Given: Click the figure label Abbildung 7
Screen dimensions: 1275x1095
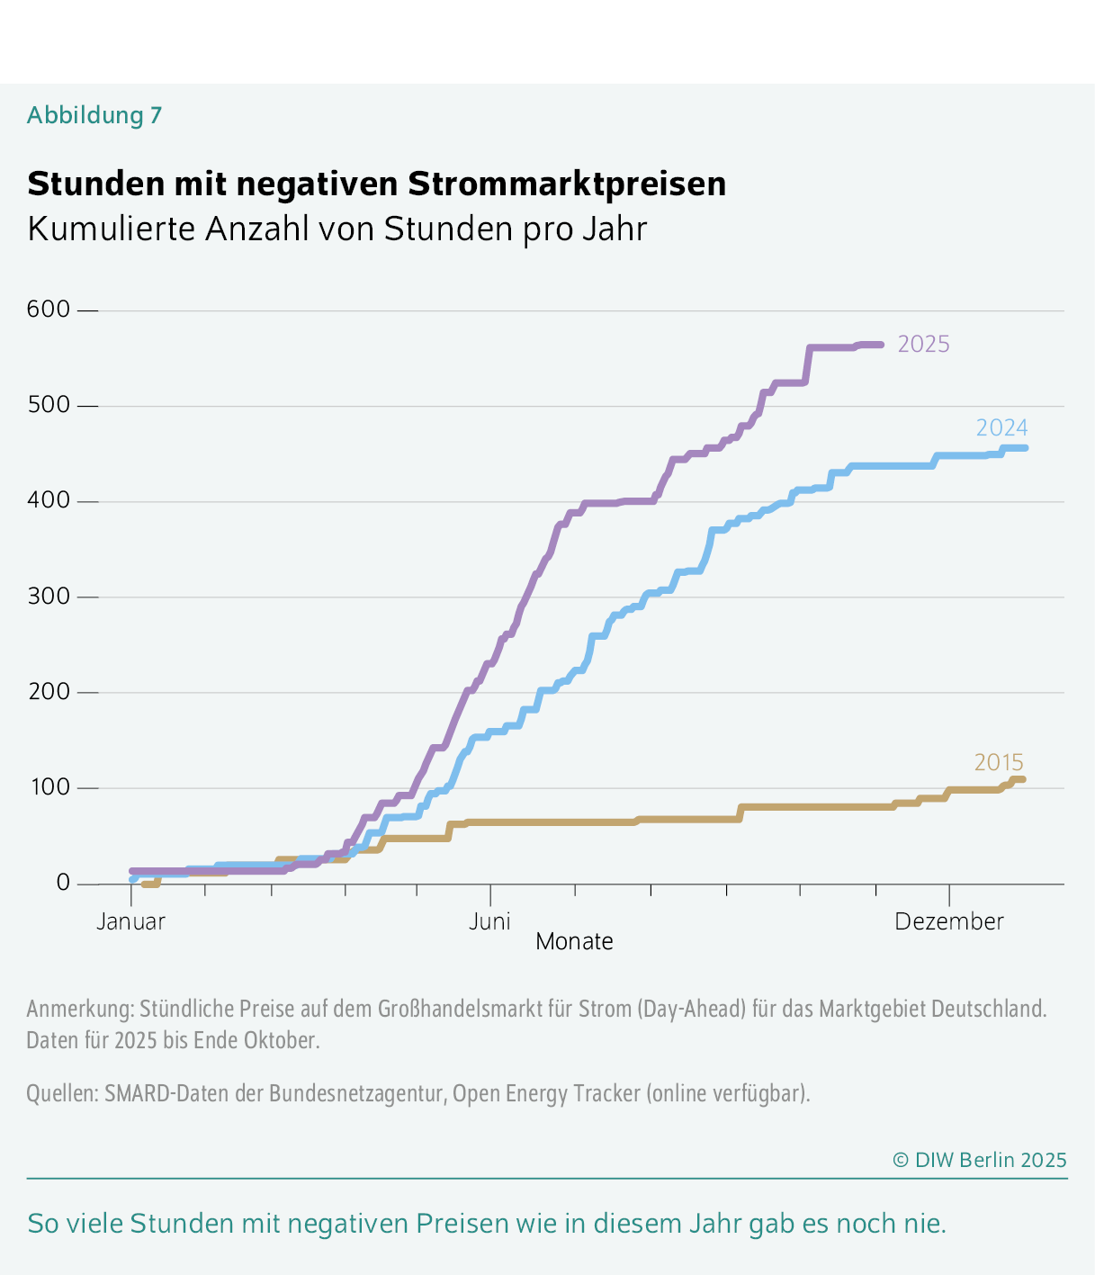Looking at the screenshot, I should (x=94, y=115).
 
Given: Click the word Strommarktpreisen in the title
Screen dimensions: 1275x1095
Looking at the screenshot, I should (x=567, y=184).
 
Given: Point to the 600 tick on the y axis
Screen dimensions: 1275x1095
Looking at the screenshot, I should (x=49, y=310).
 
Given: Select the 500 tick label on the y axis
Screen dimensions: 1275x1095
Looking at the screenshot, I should (x=49, y=405).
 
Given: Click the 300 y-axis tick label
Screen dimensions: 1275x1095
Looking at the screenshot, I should (x=49, y=597).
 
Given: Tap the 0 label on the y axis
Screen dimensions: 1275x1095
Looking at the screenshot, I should (x=63, y=883).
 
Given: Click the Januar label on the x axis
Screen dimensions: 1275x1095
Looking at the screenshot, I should (x=131, y=921).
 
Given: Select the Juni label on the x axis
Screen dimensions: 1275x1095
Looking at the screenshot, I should (x=490, y=921).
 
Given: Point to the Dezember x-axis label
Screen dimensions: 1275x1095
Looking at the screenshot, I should (x=949, y=921).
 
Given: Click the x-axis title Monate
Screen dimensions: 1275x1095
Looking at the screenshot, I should (x=574, y=942).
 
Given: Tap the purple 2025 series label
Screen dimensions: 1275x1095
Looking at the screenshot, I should (x=924, y=345).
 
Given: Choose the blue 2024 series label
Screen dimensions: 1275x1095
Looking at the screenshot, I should (x=1001, y=427).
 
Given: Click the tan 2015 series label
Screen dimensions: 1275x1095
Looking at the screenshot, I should (x=999, y=762).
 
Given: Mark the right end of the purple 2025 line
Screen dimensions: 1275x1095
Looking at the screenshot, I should (x=881, y=345).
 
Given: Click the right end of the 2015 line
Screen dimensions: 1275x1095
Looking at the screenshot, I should (x=1022, y=779).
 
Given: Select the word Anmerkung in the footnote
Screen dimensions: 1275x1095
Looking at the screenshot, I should (x=79, y=1009).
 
